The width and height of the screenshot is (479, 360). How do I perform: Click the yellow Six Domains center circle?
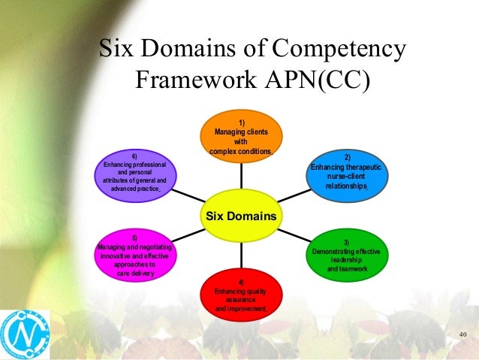click(x=240, y=216)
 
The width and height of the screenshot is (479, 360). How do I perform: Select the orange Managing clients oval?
click(x=241, y=135)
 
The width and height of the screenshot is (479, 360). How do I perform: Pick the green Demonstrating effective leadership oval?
click(x=347, y=255)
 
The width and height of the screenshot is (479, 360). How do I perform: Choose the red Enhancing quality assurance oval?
click(x=240, y=297)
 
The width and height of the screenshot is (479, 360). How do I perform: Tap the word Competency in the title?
click(x=339, y=50)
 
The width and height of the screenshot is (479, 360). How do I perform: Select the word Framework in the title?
click(x=191, y=80)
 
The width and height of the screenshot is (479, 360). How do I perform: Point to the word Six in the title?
click(x=119, y=50)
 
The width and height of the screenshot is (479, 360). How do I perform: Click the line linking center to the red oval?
click(x=240, y=259)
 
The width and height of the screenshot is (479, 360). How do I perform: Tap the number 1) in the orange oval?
click(x=241, y=122)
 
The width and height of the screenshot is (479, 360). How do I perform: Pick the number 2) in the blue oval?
click(x=347, y=157)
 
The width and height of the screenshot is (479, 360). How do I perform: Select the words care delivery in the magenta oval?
click(x=134, y=274)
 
